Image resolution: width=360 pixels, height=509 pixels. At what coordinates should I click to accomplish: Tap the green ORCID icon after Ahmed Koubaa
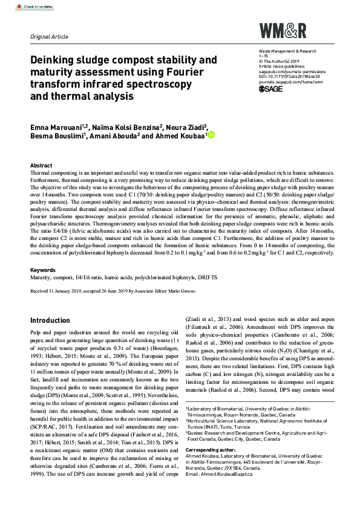(x=212, y=135)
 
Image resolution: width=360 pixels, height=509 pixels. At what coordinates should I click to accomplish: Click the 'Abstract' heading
(x=41, y=165)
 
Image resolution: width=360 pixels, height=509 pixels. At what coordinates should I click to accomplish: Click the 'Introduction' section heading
(x=50, y=320)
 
